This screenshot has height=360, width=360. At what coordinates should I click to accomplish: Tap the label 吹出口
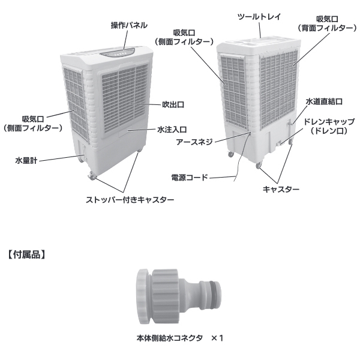(x=173, y=105)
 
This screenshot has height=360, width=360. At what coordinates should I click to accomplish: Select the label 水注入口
(x=172, y=129)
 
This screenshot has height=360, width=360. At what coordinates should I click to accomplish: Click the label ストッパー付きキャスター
(x=130, y=199)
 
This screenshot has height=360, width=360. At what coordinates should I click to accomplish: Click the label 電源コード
(x=189, y=178)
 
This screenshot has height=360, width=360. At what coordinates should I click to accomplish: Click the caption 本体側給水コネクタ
(x=170, y=338)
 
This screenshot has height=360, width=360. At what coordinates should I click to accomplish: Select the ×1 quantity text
(x=217, y=338)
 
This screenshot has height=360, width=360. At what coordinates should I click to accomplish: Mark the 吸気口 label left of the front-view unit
(x=31, y=119)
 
